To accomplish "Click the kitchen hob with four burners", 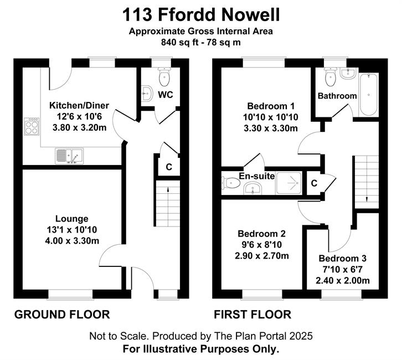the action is pyautogui.click(x=32, y=126).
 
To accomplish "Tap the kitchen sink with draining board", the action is pyautogui.click(x=69, y=156).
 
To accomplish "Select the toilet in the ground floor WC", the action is pyautogui.click(x=164, y=76).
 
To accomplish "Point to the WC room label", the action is pyautogui.click(x=166, y=95).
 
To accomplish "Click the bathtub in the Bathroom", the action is pyautogui.click(x=368, y=95).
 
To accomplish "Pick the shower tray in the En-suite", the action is pyautogui.click(x=288, y=183).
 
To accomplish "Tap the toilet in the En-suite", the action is pyautogui.click(x=231, y=183).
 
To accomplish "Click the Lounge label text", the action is pyautogui.click(x=72, y=219).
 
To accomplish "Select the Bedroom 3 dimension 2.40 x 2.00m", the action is pyautogui.click(x=343, y=280).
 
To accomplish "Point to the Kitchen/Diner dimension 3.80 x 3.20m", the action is pyautogui.click(x=80, y=127).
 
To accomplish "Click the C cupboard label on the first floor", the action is pyautogui.click(x=314, y=183).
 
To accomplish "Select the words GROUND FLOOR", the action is pyautogui.click(x=62, y=315).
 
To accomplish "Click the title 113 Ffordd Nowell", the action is pyautogui.click(x=201, y=14).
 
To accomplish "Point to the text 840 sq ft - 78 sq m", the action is pyautogui.click(x=201, y=42).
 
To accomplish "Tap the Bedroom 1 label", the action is pyautogui.click(x=271, y=106).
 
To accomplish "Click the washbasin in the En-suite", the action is pyautogui.click(x=252, y=188).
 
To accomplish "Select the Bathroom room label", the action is pyautogui.click(x=337, y=96).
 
